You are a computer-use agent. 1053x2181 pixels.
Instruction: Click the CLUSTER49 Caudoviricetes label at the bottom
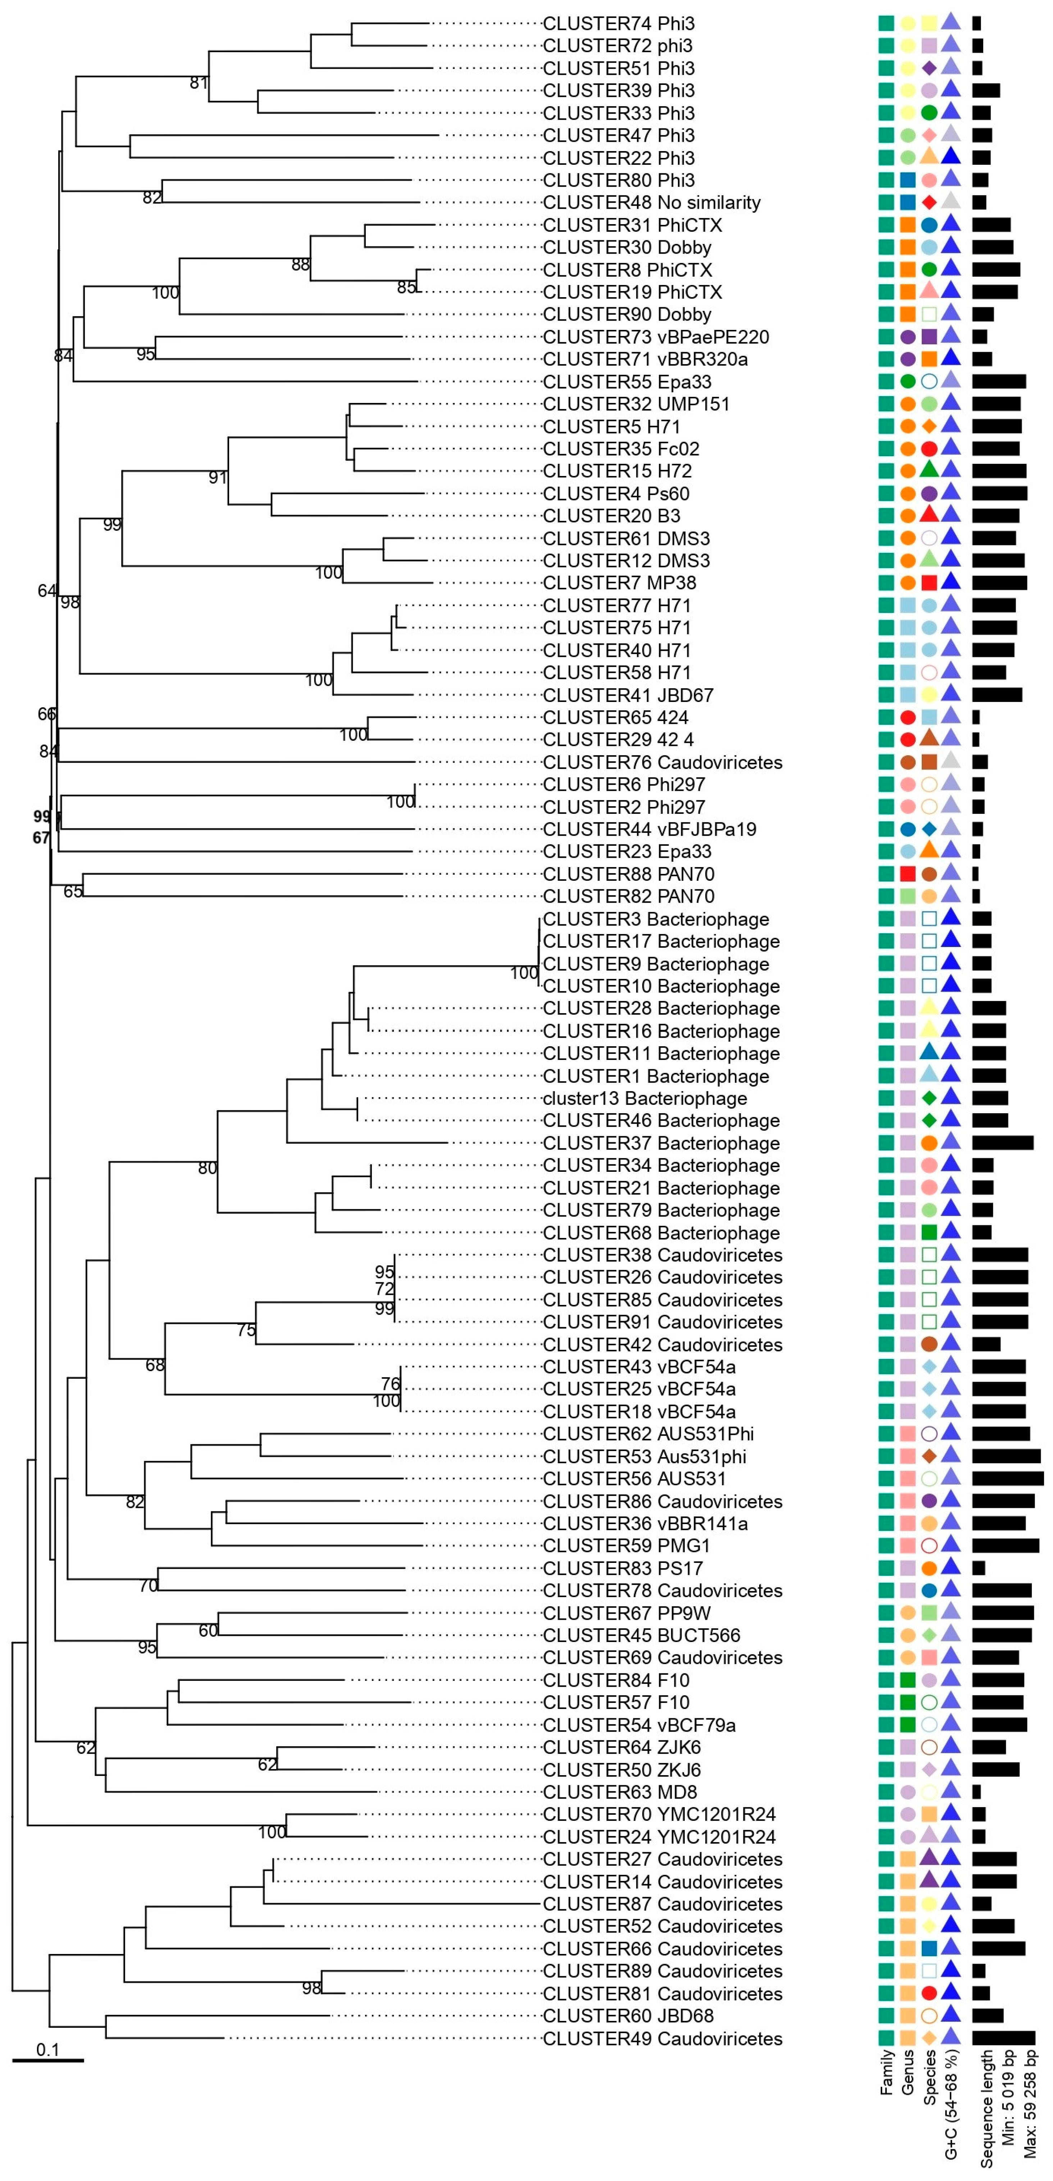pyautogui.click(x=662, y=2039)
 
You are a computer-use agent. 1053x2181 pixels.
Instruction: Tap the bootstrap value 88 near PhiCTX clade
pyautogui.click(x=301, y=265)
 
